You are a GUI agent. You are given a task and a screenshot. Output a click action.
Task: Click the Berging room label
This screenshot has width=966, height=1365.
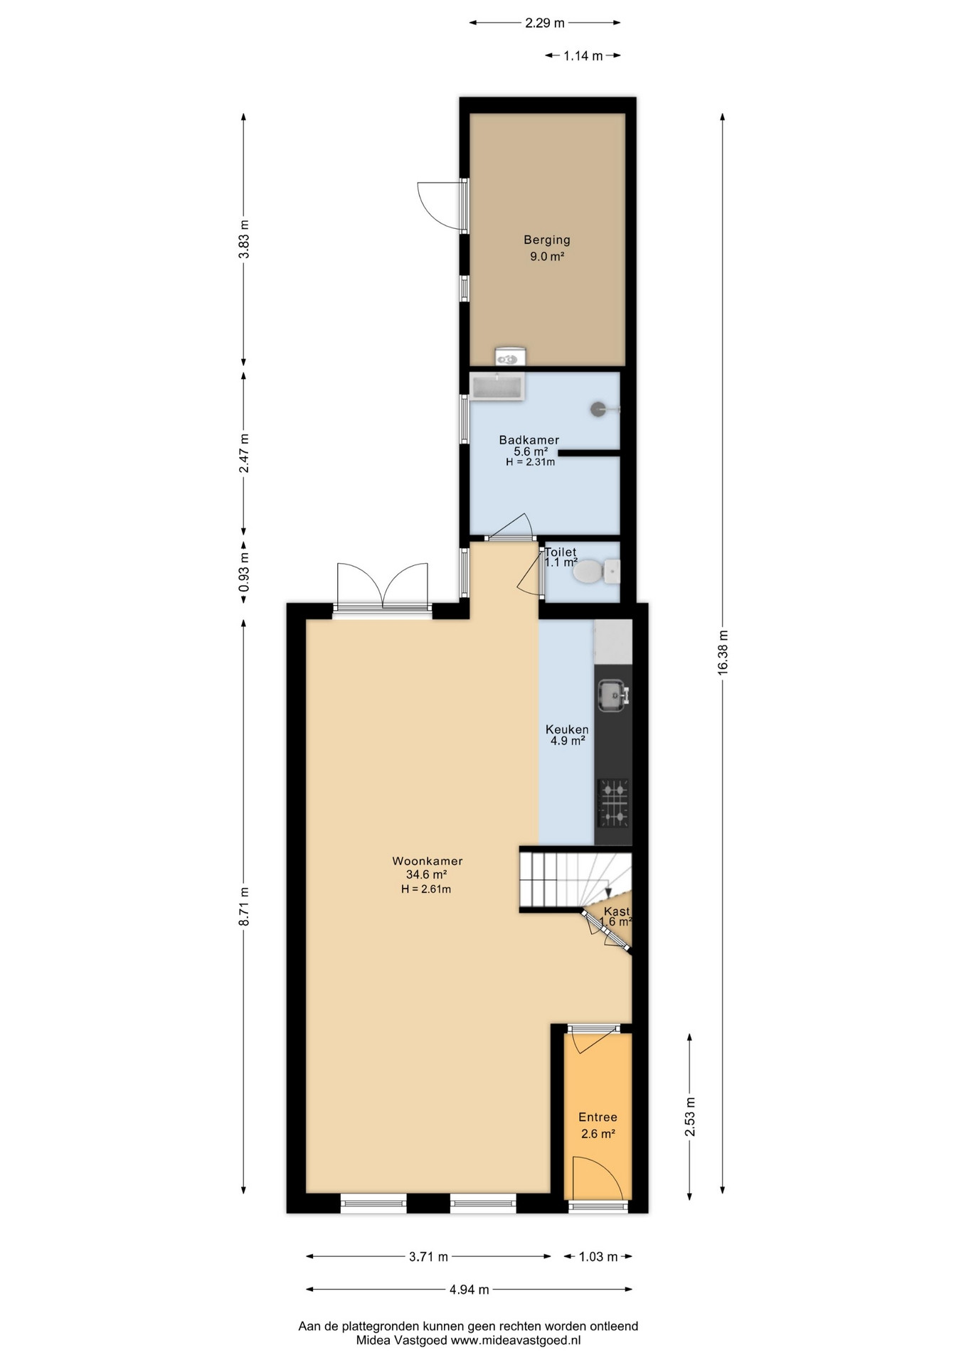tap(547, 240)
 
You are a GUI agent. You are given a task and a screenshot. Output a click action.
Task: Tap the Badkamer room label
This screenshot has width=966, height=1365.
tap(529, 440)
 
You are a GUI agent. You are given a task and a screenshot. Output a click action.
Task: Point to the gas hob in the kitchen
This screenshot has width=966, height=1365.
tap(613, 803)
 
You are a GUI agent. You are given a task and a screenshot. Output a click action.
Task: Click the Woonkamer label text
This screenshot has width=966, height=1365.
tap(428, 861)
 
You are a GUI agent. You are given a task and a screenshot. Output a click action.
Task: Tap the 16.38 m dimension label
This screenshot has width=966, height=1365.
tap(723, 651)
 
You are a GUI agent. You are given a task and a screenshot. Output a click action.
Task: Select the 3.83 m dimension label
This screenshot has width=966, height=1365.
tap(244, 240)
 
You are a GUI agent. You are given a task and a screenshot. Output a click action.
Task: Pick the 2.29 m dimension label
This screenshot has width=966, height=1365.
tap(545, 23)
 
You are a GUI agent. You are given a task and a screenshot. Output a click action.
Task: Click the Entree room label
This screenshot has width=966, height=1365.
tap(598, 1117)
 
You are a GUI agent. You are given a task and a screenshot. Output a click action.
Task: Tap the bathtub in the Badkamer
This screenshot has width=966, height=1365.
tap(497, 387)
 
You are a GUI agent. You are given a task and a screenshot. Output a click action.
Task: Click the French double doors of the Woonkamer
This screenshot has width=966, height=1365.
tap(383, 587)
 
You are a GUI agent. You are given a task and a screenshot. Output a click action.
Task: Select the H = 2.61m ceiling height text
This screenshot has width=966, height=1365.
tap(426, 889)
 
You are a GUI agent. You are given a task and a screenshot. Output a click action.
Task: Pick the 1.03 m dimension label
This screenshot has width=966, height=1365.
tap(598, 1256)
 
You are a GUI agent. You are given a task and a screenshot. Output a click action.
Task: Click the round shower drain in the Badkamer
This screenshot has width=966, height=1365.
tap(599, 409)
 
